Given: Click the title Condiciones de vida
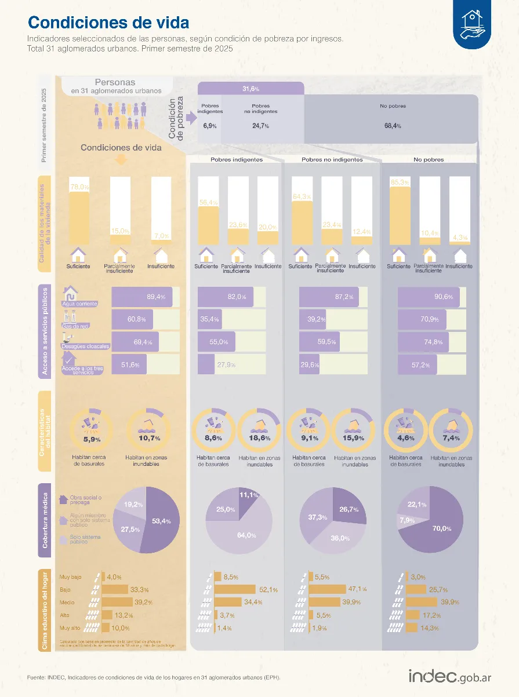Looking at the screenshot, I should coord(108,23).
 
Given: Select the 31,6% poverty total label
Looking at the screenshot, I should coord(251,89).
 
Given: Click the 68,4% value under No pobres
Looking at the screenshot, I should coord(393,126).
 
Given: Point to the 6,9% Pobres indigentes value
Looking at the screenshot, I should coord(209,126).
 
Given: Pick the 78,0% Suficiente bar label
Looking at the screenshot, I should coord(79,187).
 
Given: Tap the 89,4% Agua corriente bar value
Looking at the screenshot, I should coord(156,297).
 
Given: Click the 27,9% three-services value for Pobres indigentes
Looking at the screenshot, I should coord(226,364).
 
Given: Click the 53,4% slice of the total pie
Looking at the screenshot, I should coord(161,521).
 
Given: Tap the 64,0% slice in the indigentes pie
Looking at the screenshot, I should coord(246,535).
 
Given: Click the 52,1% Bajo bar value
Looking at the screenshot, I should coord(268,590).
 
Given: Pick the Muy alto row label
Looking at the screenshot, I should coord(71,627).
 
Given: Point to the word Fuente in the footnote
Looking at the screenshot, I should coord(37,677).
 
